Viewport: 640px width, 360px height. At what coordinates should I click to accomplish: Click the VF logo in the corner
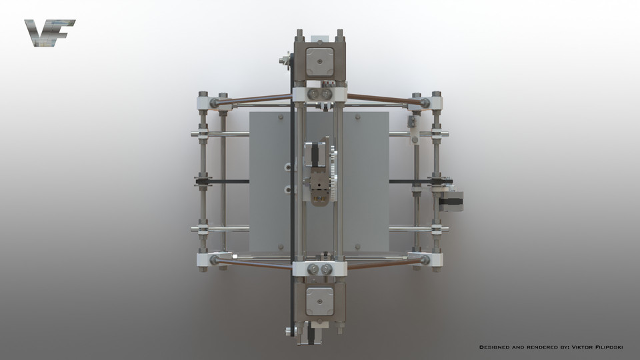click(49, 33)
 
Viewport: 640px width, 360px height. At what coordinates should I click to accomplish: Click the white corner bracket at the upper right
click(431, 103)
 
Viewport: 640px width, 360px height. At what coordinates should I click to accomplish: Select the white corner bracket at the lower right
click(431, 259)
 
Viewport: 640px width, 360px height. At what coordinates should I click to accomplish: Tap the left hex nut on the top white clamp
click(313, 95)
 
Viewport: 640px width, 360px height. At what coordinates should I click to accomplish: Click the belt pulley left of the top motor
click(285, 62)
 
